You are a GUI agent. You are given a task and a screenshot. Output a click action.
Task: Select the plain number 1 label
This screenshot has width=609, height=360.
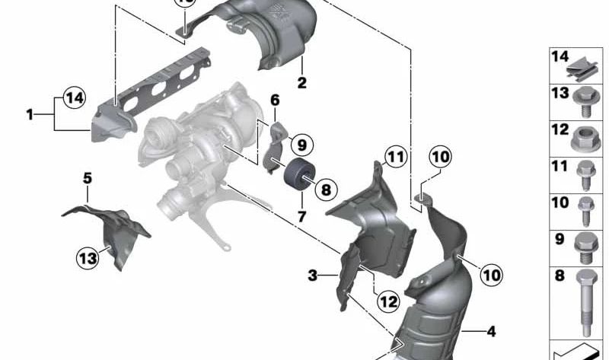coord(30,115)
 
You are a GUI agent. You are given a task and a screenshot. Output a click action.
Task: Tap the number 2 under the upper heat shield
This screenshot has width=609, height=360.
coord(301,83)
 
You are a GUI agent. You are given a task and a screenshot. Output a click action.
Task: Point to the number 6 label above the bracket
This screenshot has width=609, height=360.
coord(275,100)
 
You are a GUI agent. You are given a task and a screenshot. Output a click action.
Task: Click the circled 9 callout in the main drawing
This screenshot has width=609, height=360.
coord(300,144)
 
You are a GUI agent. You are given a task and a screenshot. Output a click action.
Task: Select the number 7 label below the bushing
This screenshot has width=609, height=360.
coord(301,216)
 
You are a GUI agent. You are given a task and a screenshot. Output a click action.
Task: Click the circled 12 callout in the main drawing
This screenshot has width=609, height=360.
coord(388,301)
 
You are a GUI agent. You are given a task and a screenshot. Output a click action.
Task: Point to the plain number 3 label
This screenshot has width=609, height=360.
coord(312,275)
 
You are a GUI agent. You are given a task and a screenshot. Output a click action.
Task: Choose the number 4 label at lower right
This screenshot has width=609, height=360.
coord(490,331)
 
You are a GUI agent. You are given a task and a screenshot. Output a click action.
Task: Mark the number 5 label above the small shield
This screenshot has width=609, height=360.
coord(87,179)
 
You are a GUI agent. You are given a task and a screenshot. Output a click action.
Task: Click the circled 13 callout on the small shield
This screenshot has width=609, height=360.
coord(88,259)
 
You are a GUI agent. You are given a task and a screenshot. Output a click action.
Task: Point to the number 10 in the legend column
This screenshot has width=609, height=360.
coord(560,202)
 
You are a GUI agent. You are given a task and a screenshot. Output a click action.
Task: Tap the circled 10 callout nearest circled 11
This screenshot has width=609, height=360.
coord(440,158)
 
